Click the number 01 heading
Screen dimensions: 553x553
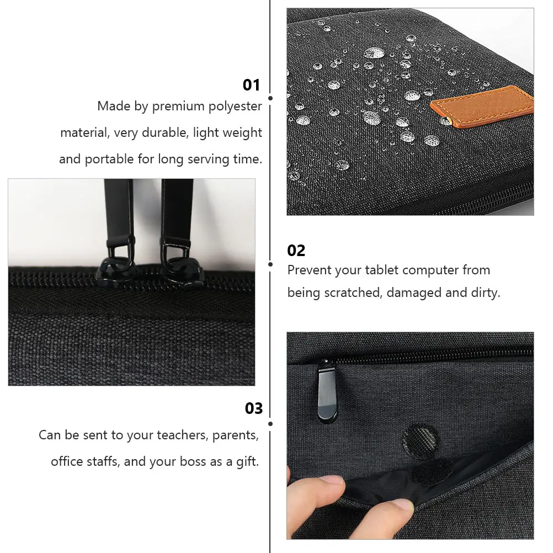click(x=251, y=85)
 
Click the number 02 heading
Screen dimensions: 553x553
click(x=296, y=251)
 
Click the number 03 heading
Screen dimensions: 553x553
click(x=254, y=408)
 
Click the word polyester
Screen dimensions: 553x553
click(x=235, y=106)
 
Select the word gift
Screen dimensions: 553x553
click(x=246, y=461)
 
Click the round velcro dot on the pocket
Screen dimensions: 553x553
click(x=421, y=440)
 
